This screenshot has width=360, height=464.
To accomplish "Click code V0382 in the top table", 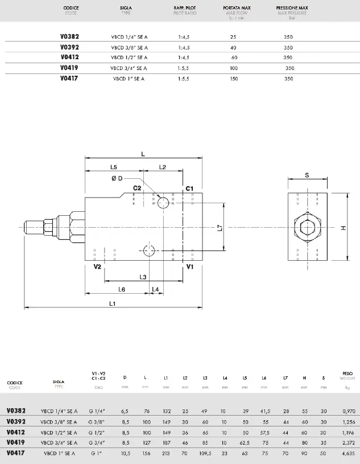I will pos(69,36).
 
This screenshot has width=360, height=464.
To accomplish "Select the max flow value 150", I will pos(233,78).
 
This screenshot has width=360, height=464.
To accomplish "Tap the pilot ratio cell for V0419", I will pos(183,68).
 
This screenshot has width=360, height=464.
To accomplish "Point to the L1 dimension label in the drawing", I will pos(113,304).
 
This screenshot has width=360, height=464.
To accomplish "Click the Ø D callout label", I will pos(117,178).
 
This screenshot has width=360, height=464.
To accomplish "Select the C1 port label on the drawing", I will pos(190,188).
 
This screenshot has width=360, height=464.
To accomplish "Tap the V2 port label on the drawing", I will pos(97,266).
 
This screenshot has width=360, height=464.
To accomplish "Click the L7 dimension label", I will pos(220,228).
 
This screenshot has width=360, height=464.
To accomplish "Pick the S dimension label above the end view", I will pos(307,175).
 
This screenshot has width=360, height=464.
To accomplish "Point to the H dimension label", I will pos(343,228).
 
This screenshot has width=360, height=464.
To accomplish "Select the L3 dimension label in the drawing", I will pos(143,277).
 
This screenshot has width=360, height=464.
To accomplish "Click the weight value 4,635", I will pos(349,453).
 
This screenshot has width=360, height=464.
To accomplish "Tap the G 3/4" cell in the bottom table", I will pos(100,442).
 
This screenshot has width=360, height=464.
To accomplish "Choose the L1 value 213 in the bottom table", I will pos(165,453).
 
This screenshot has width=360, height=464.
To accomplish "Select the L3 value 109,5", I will pos(205,453).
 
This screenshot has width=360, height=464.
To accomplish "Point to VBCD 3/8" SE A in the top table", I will pos(129,47).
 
